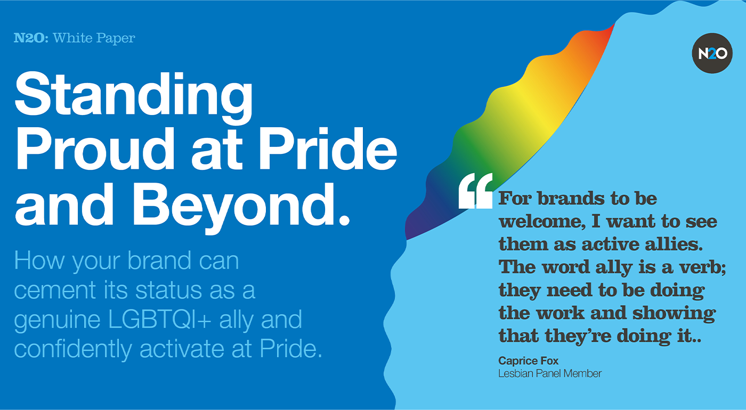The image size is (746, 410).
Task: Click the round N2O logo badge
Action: [712, 53]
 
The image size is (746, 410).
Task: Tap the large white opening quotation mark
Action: [475, 191]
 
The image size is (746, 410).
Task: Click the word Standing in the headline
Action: [134, 96]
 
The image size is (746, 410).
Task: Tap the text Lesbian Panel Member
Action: [549, 373]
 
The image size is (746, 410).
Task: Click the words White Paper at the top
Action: [94, 38]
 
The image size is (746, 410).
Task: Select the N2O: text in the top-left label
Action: [31, 38]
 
